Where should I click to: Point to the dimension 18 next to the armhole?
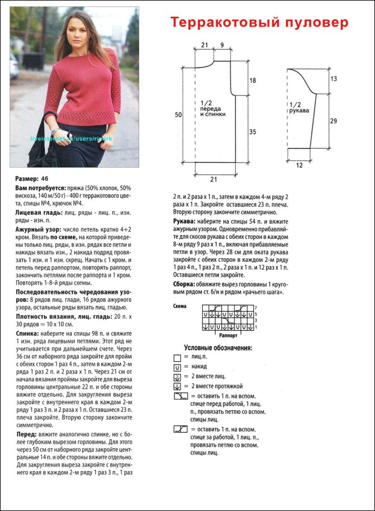253,80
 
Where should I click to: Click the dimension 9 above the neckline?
222,44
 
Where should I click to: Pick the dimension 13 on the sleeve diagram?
333,79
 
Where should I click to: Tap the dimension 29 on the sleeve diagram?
333,121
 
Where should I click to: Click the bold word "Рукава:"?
186,221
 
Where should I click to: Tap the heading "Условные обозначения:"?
217,348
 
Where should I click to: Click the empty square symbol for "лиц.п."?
177,358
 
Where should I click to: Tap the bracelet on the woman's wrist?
54,131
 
